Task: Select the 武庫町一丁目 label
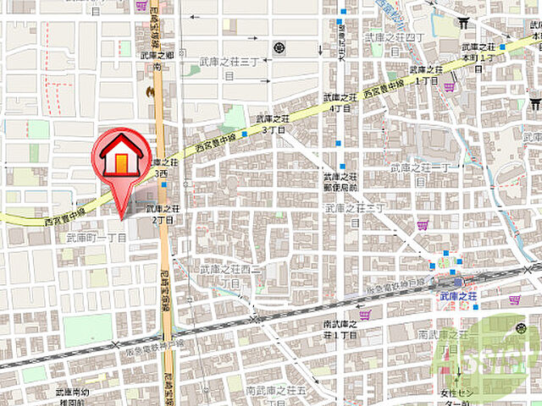coord(96,239)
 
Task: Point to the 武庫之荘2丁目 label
coord(163,213)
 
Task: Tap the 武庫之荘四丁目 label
coord(395,38)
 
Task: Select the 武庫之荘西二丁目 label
coord(230,275)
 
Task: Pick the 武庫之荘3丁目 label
coord(273,124)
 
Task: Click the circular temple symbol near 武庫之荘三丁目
coord(279,47)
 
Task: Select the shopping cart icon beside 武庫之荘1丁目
coord(449,85)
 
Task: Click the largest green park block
coord(87,330)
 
